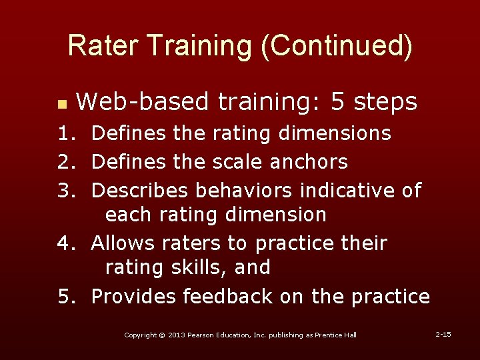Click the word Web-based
coord(143,102)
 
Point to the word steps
coord(387,102)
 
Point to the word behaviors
coord(244,190)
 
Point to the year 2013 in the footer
coord(177,335)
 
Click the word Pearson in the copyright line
coord(203,335)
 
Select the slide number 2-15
coord(443,333)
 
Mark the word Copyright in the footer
coord(140,335)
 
